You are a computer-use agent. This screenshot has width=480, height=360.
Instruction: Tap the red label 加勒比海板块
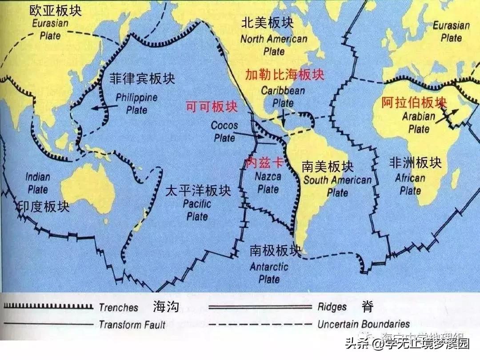tap(284, 75)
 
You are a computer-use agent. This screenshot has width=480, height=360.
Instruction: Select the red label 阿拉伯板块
tap(413, 103)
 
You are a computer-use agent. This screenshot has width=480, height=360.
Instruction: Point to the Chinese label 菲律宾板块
tap(142, 79)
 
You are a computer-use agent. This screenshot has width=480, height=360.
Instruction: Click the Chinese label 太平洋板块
tap(198, 191)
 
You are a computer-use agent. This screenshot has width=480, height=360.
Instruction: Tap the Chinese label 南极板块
tap(275, 251)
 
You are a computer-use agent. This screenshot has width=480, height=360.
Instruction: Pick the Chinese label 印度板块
tap(43, 206)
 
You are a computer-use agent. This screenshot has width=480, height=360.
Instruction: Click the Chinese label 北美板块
tap(267, 23)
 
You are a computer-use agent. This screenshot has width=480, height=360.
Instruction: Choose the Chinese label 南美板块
tap(328, 167)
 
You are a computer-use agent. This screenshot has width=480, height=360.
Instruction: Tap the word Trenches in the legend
tap(119, 307)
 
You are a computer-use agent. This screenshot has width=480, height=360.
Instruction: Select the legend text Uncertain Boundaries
tap(364, 324)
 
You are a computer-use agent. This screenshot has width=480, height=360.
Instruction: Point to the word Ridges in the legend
tap(332, 307)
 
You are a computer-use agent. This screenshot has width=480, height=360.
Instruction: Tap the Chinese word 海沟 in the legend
tap(166, 307)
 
